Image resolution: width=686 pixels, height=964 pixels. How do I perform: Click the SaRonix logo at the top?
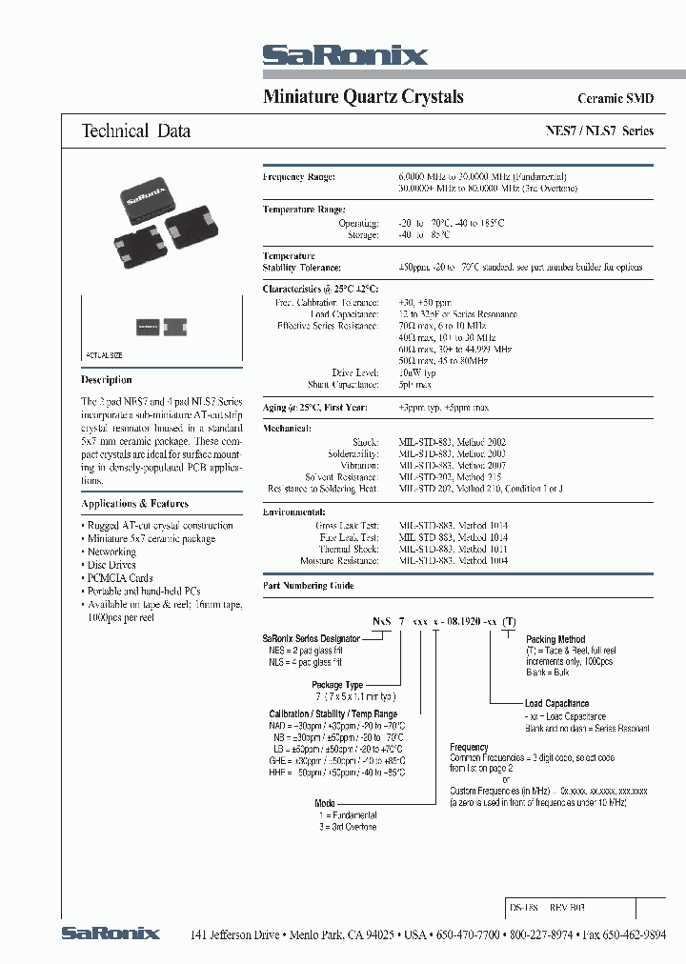pyautogui.click(x=345, y=56)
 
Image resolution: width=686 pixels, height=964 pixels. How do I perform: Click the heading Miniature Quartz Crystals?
pyautogui.click(x=362, y=97)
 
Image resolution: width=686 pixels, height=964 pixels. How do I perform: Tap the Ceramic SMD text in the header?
pyautogui.click(x=615, y=99)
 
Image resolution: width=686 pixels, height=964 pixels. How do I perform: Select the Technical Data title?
pyautogui.click(x=135, y=131)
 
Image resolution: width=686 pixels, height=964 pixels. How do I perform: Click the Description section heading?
pyautogui.click(x=107, y=379)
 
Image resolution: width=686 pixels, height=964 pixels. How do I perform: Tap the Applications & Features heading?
pyautogui.click(x=135, y=504)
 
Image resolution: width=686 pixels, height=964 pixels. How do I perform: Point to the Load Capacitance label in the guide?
pyautogui.click(x=556, y=704)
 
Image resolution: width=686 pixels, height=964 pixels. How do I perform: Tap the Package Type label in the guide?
pyautogui.click(x=337, y=685)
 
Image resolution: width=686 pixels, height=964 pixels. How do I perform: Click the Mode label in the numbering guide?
pyautogui.click(x=325, y=804)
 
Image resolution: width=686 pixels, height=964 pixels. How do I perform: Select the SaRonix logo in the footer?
pyautogui.click(x=111, y=934)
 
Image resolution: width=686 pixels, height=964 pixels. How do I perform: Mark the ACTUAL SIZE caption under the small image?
pyautogui.click(x=105, y=354)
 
